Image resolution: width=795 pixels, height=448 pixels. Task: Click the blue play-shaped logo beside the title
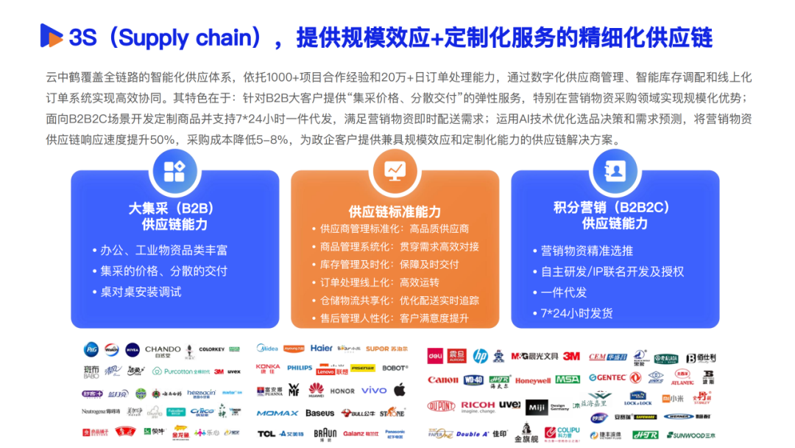point(52,35)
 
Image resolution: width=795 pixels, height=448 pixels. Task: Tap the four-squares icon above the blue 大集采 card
point(174,170)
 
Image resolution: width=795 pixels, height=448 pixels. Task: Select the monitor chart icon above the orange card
point(395,170)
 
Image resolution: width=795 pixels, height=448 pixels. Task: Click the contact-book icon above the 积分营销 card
point(615,170)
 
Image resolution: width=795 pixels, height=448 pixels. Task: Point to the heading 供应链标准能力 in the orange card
point(395,211)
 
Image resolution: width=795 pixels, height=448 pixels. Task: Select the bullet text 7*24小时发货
point(576,312)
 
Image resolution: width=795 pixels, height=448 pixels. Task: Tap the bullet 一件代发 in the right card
point(564,292)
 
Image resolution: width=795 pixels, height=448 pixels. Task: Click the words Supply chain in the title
point(166,37)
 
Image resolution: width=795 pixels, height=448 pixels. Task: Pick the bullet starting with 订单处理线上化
point(380,282)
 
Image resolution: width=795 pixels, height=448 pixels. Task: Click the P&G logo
point(91,349)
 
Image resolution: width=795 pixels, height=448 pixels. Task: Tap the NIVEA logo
point(132,349)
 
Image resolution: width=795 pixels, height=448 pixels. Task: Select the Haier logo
point(321,348)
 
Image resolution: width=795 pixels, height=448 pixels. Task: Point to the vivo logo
point(374,390)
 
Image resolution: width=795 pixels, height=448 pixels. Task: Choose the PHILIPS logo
point(300,367)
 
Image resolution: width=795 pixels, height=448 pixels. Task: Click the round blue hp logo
point(480,356)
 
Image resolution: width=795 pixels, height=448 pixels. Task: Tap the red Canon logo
point(443,380)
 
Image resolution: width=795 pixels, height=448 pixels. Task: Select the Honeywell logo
point(532,381)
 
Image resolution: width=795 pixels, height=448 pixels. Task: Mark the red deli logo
point(437,356)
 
